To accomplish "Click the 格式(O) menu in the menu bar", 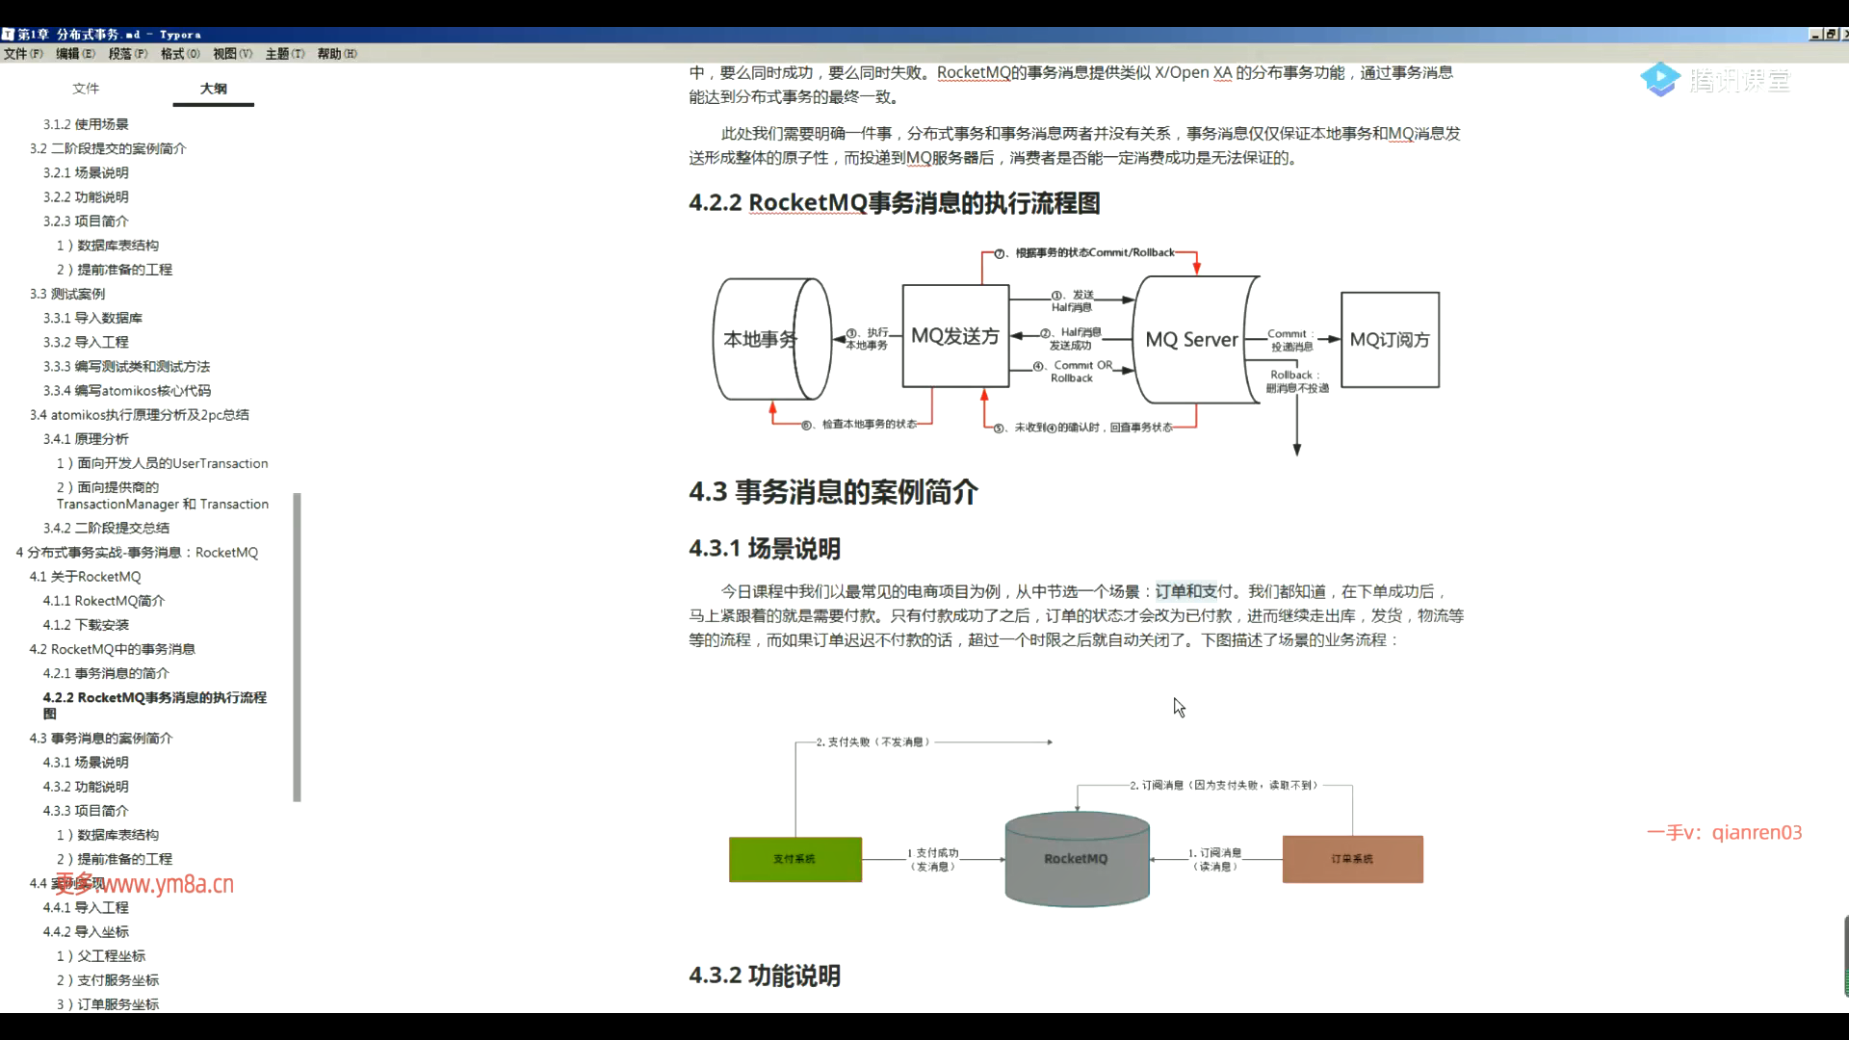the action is pyautogui.click(x=180, y=54).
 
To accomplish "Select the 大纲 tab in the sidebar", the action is pyautogui.click(x=213, y=89).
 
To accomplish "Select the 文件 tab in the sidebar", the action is pyautogui.click(x=86, y=89).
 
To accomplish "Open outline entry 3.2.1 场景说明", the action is pyautogui.click(x=86, y=172).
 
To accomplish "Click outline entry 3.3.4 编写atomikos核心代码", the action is pyautogui.click(x=126, y=390).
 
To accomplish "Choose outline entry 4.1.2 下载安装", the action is pyautogui.click(x=86, y=625).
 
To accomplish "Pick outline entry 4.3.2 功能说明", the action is pyautogui.click(x=86, y=787).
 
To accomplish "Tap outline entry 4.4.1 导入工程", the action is pyautogui.click(x=86, y=907).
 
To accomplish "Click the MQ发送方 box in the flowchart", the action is pyautogui.click(x=955, y=336).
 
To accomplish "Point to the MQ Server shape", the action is pyautogui.click(x=1191, y=340).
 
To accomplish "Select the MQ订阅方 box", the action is pyautogui.click(x=1390, y=340).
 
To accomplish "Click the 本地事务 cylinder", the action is pyautogui.click(x=761, y=339).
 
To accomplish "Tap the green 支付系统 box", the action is pyautogui.click(x=794, y=859).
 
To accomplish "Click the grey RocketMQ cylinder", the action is pyautogui.click(x=1076, y=859).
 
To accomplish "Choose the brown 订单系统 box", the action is pyautogui.click(x=1352, y=859).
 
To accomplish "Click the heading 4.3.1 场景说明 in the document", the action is pyautogui.click(x=765, y=549).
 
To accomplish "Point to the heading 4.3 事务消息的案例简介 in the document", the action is pyautogui.click(x=833, y=492).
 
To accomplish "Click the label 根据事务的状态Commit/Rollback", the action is pyautogui.click(x=1095, y=253).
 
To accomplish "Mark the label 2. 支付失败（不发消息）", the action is pyautogui.click(x=872, y=742).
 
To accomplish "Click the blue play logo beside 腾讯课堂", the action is pyautogui.click(x=1660, y=80).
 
